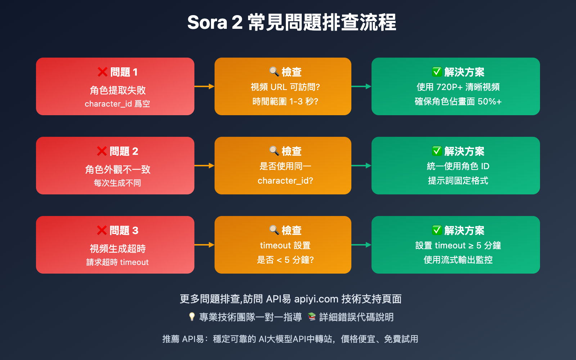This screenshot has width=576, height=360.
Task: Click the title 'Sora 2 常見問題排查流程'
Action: [x=292, y=22]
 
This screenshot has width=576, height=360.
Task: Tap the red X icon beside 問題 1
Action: [x=103, y=72]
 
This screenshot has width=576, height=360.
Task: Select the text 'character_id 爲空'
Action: [x=117, y=104]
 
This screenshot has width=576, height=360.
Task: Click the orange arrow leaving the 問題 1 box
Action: [x=204, y=86]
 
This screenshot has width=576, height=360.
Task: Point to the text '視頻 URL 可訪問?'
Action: [x=285, y=87]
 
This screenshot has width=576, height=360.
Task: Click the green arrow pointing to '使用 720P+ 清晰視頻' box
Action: [x=361, y=86]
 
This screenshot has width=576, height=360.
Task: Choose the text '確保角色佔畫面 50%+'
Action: [x=458, y=102]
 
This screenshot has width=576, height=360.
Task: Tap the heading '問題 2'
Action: [x=124, y=151]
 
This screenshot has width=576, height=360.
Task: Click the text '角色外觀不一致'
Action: [x=117, y=169]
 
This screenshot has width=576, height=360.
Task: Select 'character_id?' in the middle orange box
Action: [x=285, y=181]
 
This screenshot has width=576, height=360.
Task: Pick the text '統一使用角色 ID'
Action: [x=458, y=166]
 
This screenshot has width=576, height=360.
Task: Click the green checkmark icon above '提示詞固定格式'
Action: [x=437, y=151]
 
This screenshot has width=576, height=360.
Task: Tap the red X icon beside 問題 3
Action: [x=102, y=230]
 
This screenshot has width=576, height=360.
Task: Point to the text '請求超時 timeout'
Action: [x=117, y=262]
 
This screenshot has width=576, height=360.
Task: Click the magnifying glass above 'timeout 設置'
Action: [x=274, y=230]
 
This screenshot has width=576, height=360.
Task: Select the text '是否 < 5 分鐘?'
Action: [x=285, y=260]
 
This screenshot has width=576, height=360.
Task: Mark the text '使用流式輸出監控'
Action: [x=458, y=260]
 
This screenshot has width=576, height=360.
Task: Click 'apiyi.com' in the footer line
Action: [x=316, y=299]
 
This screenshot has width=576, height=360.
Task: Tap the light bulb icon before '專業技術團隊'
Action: [x=192, y=317]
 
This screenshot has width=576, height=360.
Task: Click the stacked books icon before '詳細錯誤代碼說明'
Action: [x=312, y=317]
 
